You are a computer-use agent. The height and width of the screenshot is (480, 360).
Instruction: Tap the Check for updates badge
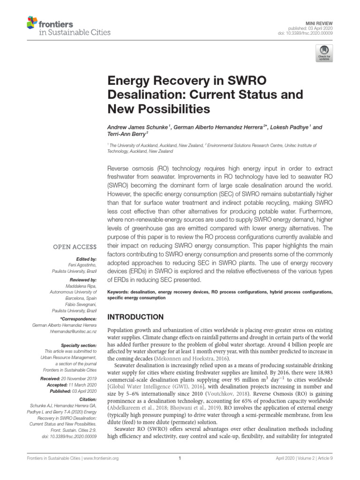pyautogui.click(x=324, y=53)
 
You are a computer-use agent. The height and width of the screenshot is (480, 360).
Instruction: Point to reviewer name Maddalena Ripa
pyautogui.click(x=80, y=286)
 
